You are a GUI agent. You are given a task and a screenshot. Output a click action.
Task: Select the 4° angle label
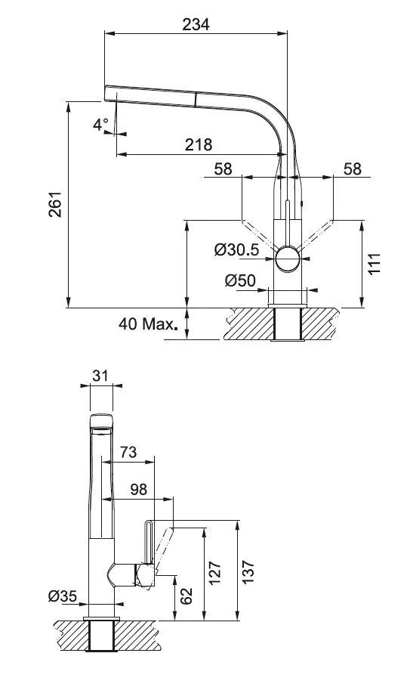(x=101, y=125)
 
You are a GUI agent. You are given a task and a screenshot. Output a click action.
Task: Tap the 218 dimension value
(x=198, y=144)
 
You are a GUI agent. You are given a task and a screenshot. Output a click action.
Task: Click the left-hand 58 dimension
(x=223, y=169)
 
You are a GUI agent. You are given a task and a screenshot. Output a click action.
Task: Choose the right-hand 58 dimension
(x=352, y=169)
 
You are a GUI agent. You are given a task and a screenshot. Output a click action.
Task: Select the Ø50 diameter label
(x=240, y=280)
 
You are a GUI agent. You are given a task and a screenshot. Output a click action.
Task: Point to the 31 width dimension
(x=100, y=375)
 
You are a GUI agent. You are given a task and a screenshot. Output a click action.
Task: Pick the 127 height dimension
(x=215, y=573)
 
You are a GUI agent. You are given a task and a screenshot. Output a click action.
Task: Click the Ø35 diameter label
(x=63, y=597)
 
